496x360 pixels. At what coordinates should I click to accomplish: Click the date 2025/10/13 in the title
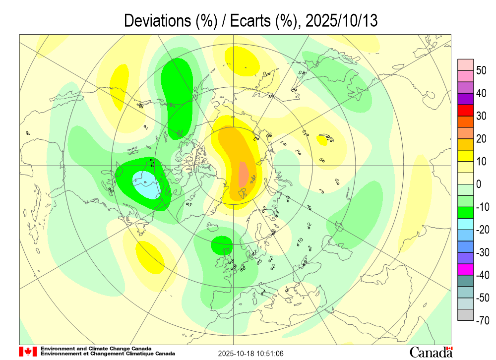[x=342, y=21]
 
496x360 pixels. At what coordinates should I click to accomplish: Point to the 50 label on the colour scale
[x=481, y=70]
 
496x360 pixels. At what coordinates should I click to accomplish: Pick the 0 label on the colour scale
[x=479, y=184]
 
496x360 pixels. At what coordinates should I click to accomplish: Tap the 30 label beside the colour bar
[x=481, y=116]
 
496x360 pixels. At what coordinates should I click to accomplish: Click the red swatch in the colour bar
[x=465, y=110]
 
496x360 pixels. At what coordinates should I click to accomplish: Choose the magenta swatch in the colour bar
[x=465, y=270]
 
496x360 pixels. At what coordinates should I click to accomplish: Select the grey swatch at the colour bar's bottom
[x=465, y=315]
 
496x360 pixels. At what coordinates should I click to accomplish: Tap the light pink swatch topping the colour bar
[x=465, y=64]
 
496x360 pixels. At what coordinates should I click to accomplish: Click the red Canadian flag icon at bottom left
[x=28, y=352]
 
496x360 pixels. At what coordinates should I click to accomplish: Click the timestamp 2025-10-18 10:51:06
[x=251, y=354]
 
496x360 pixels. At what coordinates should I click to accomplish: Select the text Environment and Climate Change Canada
[x=96, y=349]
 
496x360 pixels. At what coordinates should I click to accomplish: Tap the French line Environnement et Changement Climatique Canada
[x=108, y=354]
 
